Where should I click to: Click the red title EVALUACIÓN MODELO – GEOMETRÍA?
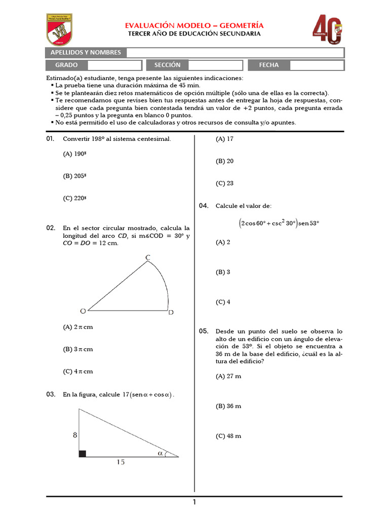[195, 25]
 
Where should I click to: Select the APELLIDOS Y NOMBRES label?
[85, 53]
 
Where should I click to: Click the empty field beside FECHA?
[317, 65]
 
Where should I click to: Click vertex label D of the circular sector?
[171, 313]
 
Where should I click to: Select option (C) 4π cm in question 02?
[78, 372]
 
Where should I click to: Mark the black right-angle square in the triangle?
[83, 454]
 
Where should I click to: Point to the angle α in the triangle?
[160, 454]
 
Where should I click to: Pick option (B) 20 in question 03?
[224, 161]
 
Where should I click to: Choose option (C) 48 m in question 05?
[228, 436]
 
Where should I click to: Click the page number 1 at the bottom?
[194, 502]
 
